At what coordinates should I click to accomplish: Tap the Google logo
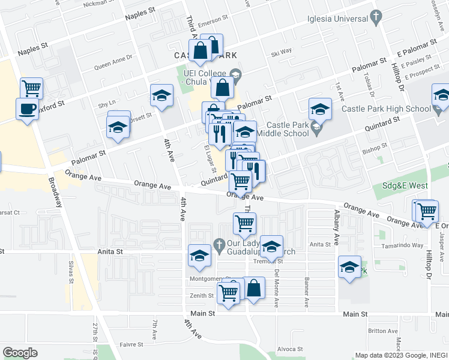tap(20, 352)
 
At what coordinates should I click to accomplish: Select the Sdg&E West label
tap(405, 186)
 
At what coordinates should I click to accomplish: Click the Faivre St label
tap(131, 345)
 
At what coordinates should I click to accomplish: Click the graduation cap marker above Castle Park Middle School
tap(321, 110)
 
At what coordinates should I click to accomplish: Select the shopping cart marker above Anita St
tap(244, 224)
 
